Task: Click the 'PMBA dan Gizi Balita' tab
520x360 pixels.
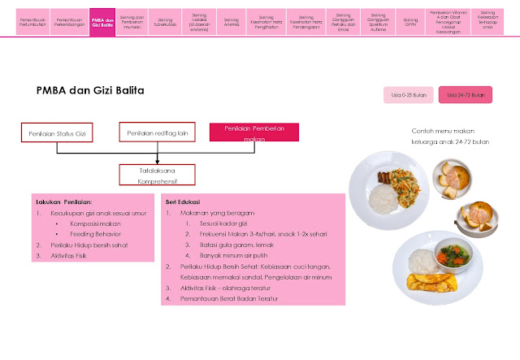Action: pos(102,22)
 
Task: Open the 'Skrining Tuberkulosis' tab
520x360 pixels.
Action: pos(166,22)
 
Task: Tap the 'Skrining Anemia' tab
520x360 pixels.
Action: pos(232,22)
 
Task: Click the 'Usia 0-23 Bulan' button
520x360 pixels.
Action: pos(408,95)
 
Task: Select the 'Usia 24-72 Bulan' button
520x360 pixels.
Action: pos(465,95)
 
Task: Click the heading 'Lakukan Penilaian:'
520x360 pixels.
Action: pos(64,202)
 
